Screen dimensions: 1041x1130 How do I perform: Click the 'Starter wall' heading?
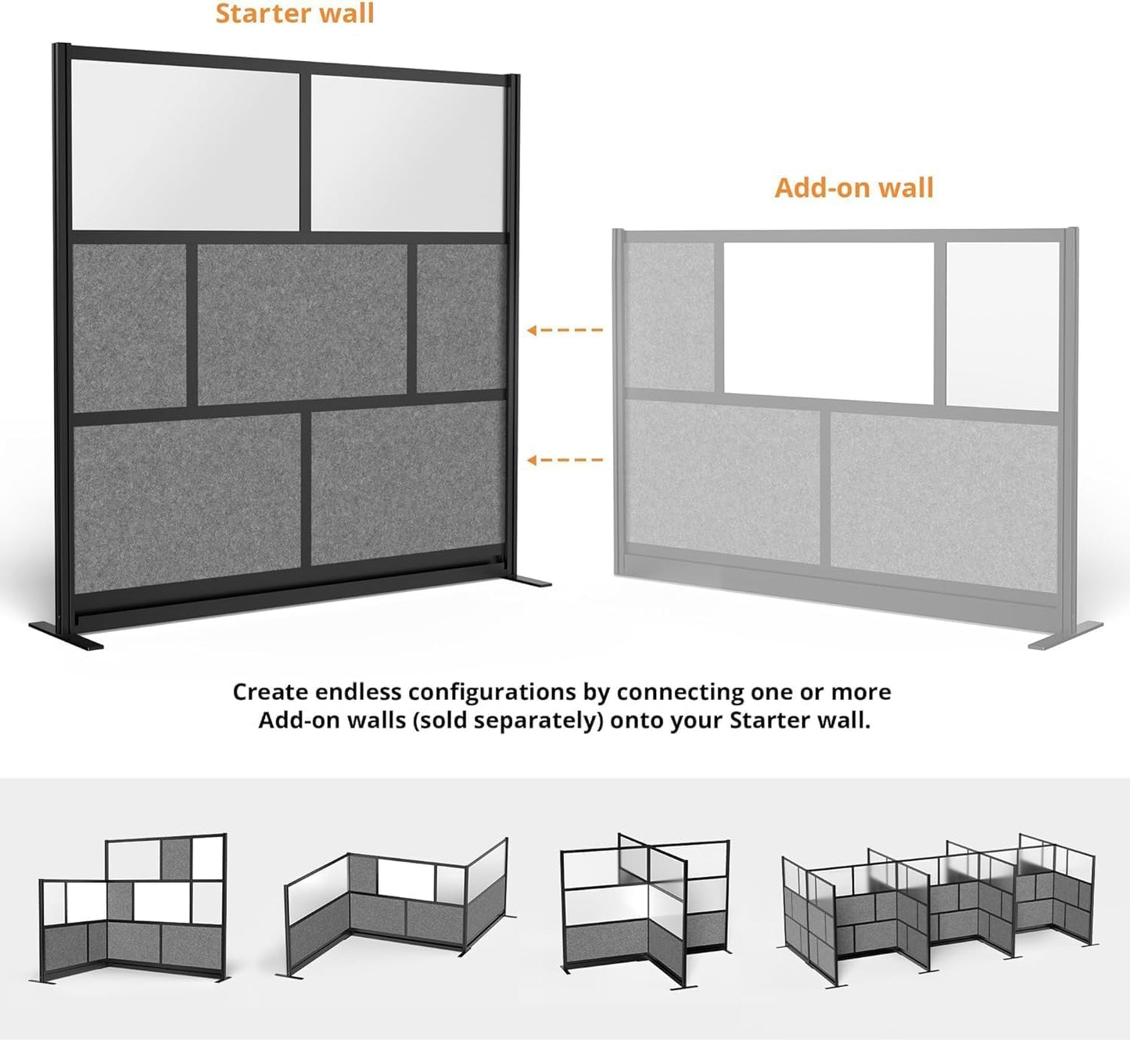coord(295,13)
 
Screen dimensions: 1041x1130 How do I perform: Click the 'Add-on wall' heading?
coord(854,188)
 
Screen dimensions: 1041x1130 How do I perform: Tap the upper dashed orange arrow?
coord(565,330)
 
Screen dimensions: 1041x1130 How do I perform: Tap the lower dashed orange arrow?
coord(565,460)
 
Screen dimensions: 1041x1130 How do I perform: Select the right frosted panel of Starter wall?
coord(407,153)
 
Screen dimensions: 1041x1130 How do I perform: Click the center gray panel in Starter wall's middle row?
coord(302,322)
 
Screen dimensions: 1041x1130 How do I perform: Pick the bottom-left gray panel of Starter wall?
coord(186,501)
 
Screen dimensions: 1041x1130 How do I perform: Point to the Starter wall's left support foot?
coord(66,634)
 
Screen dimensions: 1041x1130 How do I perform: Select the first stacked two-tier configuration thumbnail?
coord(134,907)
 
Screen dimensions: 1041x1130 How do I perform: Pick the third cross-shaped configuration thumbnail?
coord(645,907)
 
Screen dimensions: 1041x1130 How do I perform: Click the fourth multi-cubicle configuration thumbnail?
coord(938,907)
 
